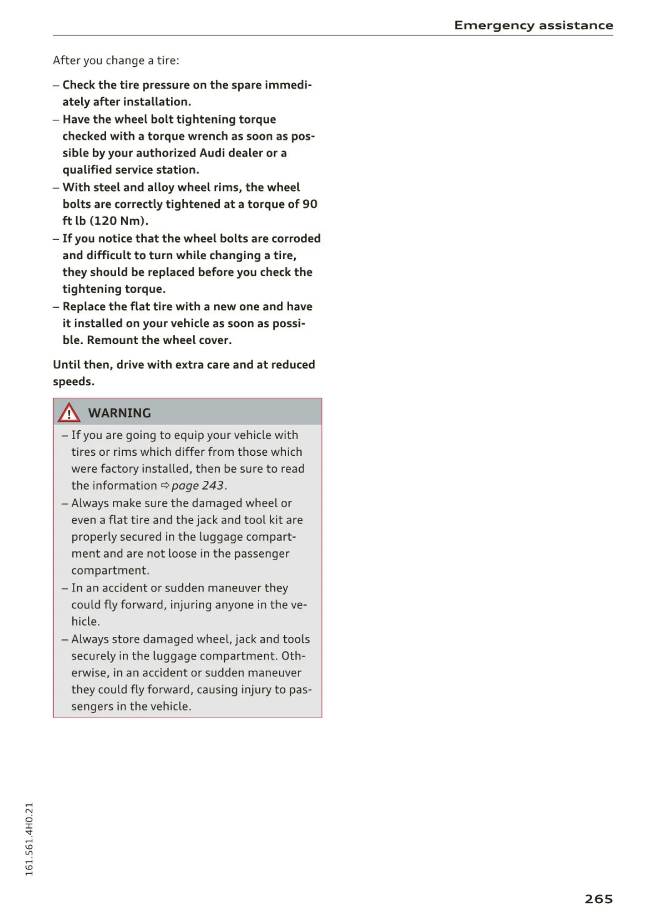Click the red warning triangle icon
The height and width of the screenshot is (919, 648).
point(69,413)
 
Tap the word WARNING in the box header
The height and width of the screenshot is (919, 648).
point(119,413)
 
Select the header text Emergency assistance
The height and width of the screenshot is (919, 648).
point(533,25)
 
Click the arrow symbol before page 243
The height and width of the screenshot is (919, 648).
point(165,485)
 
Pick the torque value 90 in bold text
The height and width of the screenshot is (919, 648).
point(310,204)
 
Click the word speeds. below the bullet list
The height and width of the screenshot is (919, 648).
point(74,381)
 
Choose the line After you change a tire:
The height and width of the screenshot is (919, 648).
point(116,61)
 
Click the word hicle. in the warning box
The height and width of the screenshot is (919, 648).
point(86,621)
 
